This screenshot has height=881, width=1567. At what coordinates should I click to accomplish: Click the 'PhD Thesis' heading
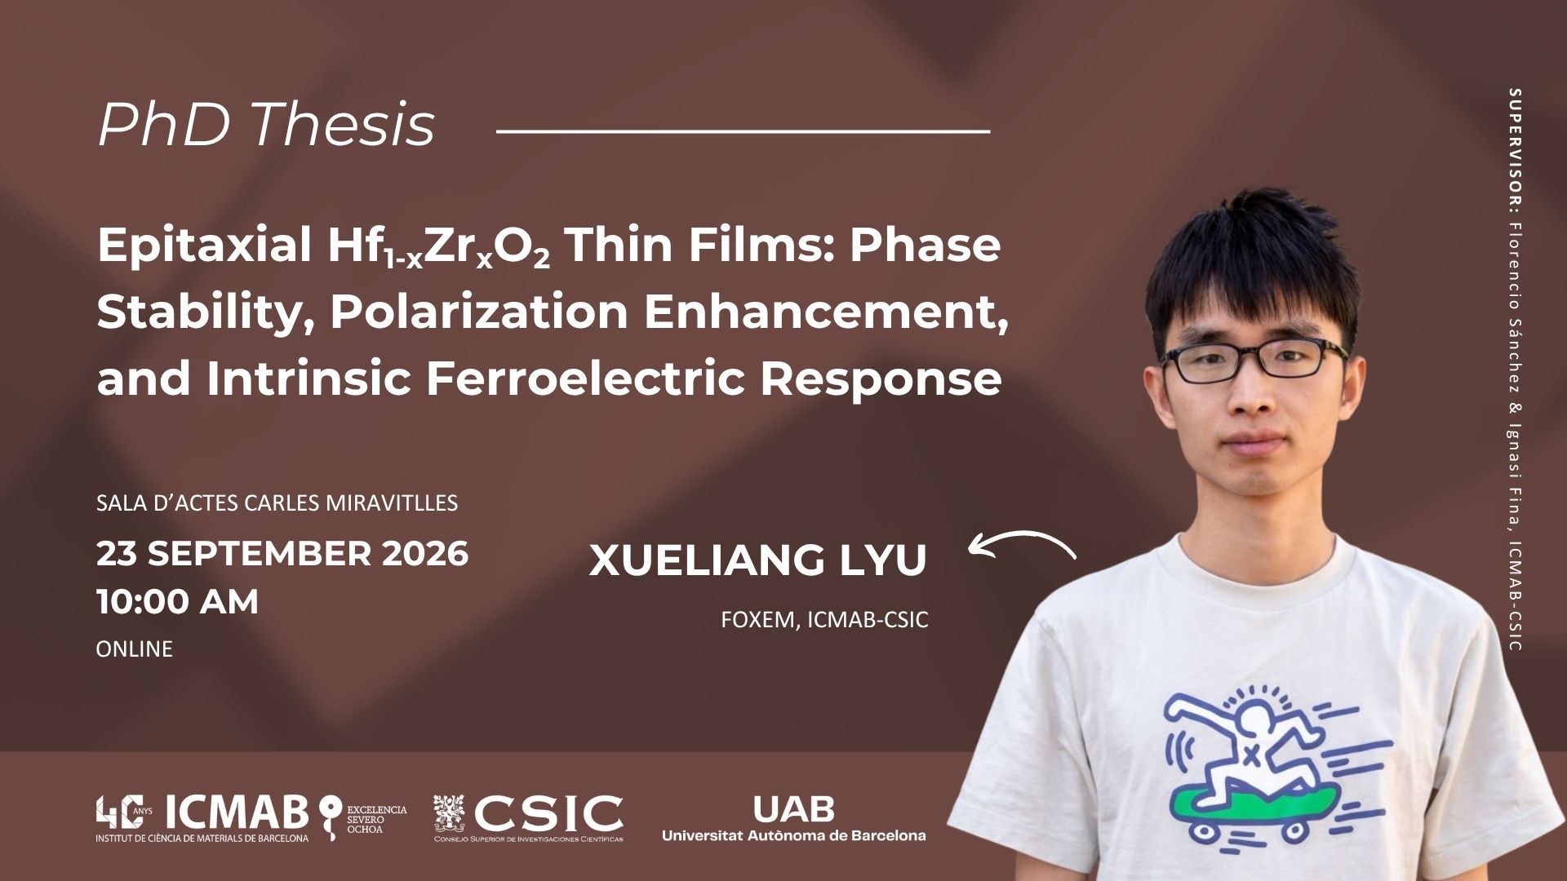coord(266,125)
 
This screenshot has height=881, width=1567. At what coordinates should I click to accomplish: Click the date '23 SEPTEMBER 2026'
coord(282,553)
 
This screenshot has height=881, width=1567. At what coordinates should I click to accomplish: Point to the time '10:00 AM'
coord(177,602)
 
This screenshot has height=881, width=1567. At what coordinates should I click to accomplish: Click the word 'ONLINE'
coord(135,649)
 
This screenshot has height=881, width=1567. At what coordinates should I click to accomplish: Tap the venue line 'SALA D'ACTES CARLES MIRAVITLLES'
coord(277,502)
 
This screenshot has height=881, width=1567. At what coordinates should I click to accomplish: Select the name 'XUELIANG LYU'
coord(757,560)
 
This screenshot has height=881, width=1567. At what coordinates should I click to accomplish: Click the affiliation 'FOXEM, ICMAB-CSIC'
coord(824,620)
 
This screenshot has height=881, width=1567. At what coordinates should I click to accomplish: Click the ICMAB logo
coord(202,818)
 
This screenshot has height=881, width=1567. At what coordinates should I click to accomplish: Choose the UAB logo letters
coord(793,809)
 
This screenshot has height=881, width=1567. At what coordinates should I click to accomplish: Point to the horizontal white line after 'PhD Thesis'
coord(743,130)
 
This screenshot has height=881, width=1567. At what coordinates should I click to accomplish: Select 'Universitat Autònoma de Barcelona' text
coord(793,835)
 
